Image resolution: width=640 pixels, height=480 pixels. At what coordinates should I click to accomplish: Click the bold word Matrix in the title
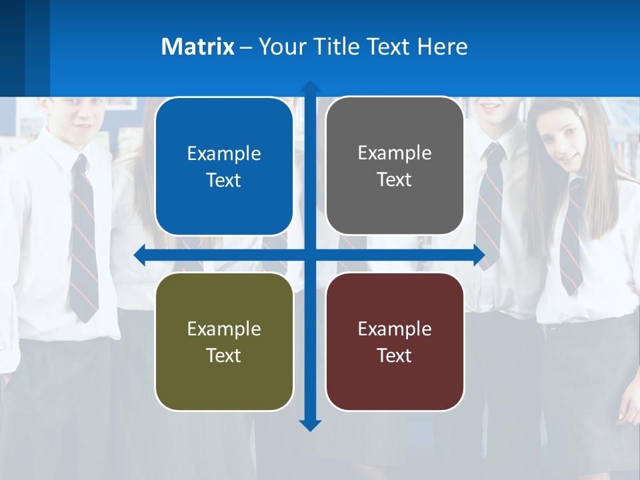(198, 47)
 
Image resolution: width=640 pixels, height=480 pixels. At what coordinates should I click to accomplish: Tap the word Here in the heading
(443, 47)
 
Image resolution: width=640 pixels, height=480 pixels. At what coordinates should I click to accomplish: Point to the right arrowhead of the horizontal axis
(479, 255)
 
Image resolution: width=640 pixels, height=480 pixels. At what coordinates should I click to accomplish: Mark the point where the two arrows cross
(310, 255)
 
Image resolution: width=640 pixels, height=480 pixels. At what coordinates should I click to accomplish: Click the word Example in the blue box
(224, 154)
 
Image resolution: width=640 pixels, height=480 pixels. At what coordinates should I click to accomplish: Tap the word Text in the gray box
(395, 180)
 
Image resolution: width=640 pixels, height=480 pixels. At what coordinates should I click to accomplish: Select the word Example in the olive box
(224, 329)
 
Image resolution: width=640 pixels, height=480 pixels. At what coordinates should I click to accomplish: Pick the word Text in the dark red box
(395, 355)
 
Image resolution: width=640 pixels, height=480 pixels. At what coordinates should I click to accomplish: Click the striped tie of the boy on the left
(83, 240)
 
